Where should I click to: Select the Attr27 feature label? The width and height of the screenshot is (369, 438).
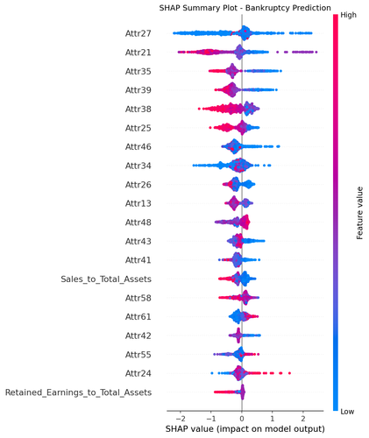coord(138,33)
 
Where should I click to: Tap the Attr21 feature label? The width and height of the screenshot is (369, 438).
coord(138,53)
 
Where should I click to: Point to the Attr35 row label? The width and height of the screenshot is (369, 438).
coord(138,71)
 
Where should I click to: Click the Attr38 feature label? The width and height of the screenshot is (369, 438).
coord(138,109)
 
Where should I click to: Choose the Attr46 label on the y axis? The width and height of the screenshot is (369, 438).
coord(138,146)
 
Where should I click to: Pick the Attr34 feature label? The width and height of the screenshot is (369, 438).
coord(138,166)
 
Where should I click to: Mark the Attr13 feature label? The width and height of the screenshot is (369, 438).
coord(138,203)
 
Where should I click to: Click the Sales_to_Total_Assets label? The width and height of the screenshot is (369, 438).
coord(105,279)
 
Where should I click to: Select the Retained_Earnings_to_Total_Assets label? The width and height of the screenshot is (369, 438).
coord(78,392)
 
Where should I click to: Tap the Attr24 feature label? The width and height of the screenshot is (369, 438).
coord(138,372)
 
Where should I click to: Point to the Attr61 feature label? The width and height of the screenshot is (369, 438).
coord(138,316)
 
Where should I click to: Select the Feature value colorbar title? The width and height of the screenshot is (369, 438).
coord(359,212)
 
